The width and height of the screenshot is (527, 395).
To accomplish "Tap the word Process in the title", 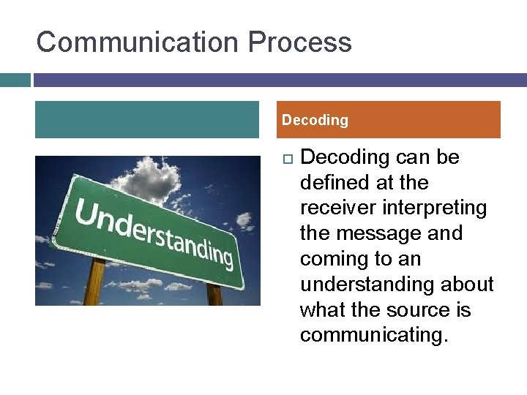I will click(x=299, y=42).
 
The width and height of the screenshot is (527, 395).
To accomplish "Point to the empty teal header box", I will click(x=147, y=119).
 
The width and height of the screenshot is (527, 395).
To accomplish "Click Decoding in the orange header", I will click(x=315, y=120).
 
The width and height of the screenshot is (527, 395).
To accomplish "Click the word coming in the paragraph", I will click(x=335, y=259).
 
